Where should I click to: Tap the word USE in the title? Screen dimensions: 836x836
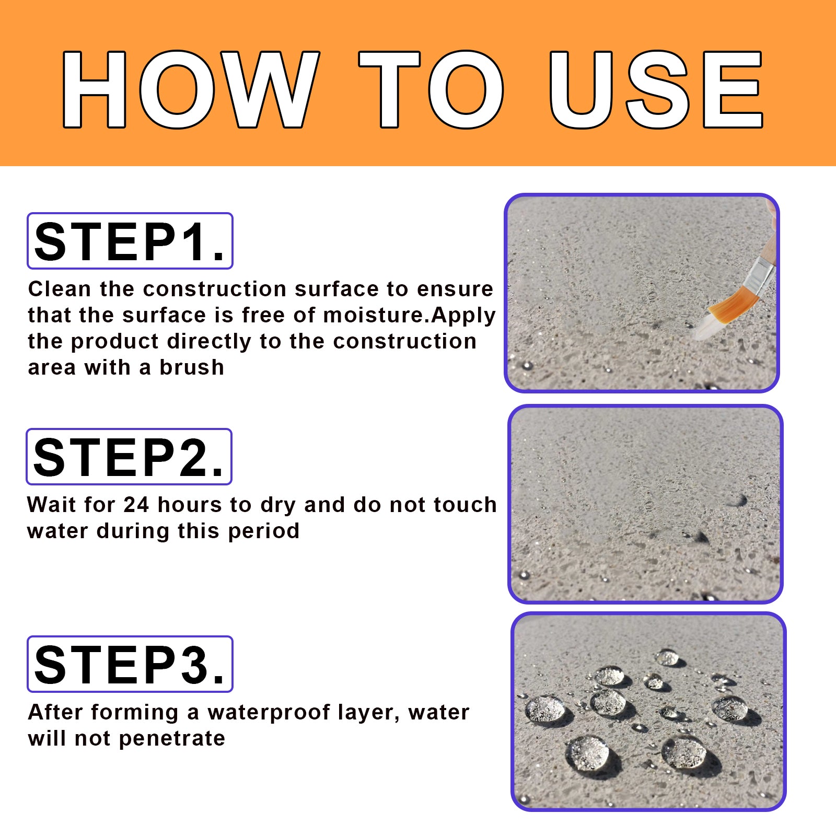tap(656, 89)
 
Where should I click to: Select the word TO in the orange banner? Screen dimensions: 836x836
tap(431, 89)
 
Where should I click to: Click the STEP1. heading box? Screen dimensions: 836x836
tap(130, 241)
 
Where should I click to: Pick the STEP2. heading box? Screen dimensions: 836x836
tap(129, 457)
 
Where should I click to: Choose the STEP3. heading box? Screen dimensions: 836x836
tap(130, 664)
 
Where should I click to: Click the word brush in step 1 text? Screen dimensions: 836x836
tap(192, 367)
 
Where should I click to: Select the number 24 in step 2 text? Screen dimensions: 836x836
tap(136, 505)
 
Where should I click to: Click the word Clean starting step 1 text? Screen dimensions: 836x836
tap(60, 289)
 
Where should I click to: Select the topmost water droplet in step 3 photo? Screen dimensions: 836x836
tap(667, 657)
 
